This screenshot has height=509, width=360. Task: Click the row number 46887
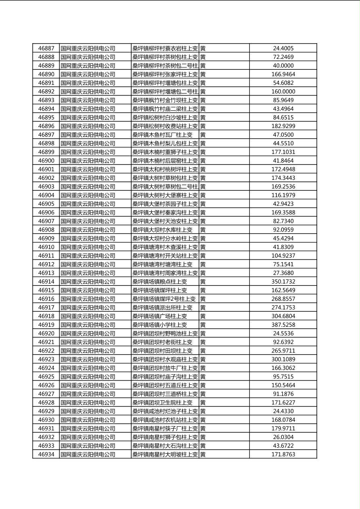[46, 48]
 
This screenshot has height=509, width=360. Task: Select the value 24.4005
[283, 48]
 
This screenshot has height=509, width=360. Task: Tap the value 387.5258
[283, 325]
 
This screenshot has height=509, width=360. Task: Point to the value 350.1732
[283, 282]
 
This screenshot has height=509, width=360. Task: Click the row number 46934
[46, 454]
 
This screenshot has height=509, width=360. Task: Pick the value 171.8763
[283, 454]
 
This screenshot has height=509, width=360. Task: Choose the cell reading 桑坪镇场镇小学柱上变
[160, 325]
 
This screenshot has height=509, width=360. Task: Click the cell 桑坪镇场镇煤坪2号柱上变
[164, 299]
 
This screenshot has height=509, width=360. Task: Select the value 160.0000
[283, 92]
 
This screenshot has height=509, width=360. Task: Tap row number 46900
[46, 161]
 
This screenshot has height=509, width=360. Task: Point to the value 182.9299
[283, 126]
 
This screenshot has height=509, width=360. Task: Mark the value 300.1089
[283, 359]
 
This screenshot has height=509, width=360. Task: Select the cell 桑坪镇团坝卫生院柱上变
[163, 403]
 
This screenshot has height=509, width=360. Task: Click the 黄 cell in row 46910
[203, 247]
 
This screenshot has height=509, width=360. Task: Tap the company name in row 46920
[88, 334]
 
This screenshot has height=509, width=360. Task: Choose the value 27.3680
[283, 273]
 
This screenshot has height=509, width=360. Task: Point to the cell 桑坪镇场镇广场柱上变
[160, 316]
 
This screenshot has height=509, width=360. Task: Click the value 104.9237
[283, 256]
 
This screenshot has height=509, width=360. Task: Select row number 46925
[46, 377]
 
